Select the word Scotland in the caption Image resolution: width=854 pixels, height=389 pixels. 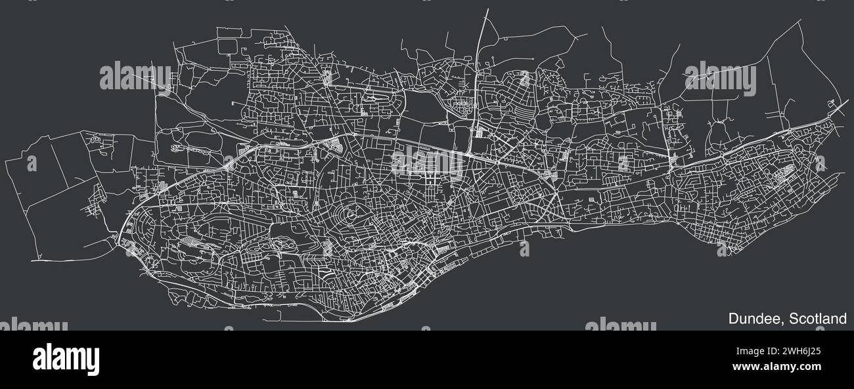(x=818, y=319)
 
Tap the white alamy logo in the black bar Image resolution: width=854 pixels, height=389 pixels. (x=66, y=359)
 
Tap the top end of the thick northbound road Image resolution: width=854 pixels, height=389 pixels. (x=487, y=10)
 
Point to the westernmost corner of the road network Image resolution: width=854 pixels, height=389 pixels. (x=5, y=160)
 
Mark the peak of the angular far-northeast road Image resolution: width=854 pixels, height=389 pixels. (x=801, y=20)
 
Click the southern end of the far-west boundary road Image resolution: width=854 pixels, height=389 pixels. (x=32, y=260)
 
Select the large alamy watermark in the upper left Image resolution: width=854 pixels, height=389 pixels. (x=135, y=77)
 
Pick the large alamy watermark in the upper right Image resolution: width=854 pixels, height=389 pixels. (x=719, y=77)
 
